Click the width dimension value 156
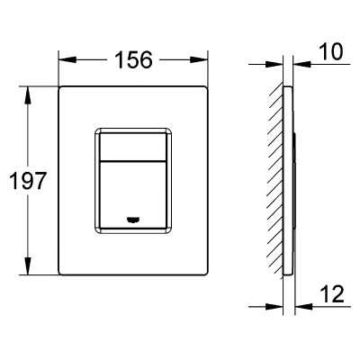click(134, 59)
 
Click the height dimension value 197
click(28, 181)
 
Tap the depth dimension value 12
click(332, 294)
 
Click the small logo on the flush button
click(133, 220)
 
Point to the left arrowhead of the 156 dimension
click(67, 59)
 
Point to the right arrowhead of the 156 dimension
click(199, 59)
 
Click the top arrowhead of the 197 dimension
click(28, 95)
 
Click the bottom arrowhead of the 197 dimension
click(28, 265)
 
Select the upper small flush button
click(133, 147)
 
